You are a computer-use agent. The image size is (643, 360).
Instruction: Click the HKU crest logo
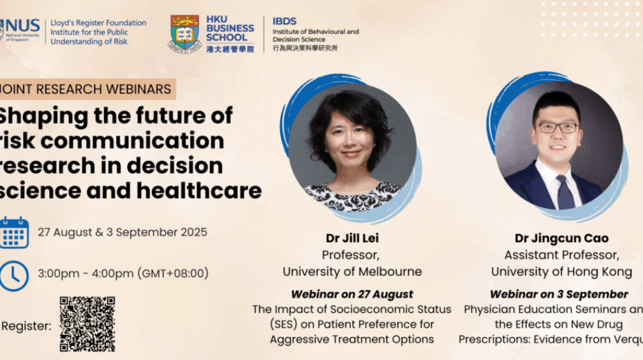coord(184,32)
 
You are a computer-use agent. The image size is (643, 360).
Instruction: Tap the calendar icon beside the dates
coord(14,233)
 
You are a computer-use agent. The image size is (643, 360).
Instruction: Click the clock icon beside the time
coord(14,274)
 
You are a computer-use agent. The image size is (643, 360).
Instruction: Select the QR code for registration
coord(88,324)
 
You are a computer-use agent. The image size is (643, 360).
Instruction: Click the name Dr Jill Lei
coord(352,238)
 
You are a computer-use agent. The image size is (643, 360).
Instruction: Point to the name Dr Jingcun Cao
coord(561,238)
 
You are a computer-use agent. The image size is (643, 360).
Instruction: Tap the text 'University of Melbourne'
coord(352,272)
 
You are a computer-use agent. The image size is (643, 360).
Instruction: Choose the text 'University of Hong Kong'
coord(561,272)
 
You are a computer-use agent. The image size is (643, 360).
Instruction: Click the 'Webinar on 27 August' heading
coord(352,294)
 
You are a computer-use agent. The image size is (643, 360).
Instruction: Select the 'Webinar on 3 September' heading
coord(559,294)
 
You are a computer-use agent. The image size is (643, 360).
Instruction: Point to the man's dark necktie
coord(565,192)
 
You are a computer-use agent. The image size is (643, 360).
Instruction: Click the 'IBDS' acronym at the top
coord(284,21)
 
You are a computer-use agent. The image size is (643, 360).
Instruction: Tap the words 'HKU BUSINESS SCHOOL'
coord(229,29)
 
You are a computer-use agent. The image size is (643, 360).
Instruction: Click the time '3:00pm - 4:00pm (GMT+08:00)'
coord(123,273)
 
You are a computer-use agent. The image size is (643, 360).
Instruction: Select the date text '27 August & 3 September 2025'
coord(122,232)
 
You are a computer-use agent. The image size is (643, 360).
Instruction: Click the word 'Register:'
coord(27,326)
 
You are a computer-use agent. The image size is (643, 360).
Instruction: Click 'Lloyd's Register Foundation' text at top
coord(98,23)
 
